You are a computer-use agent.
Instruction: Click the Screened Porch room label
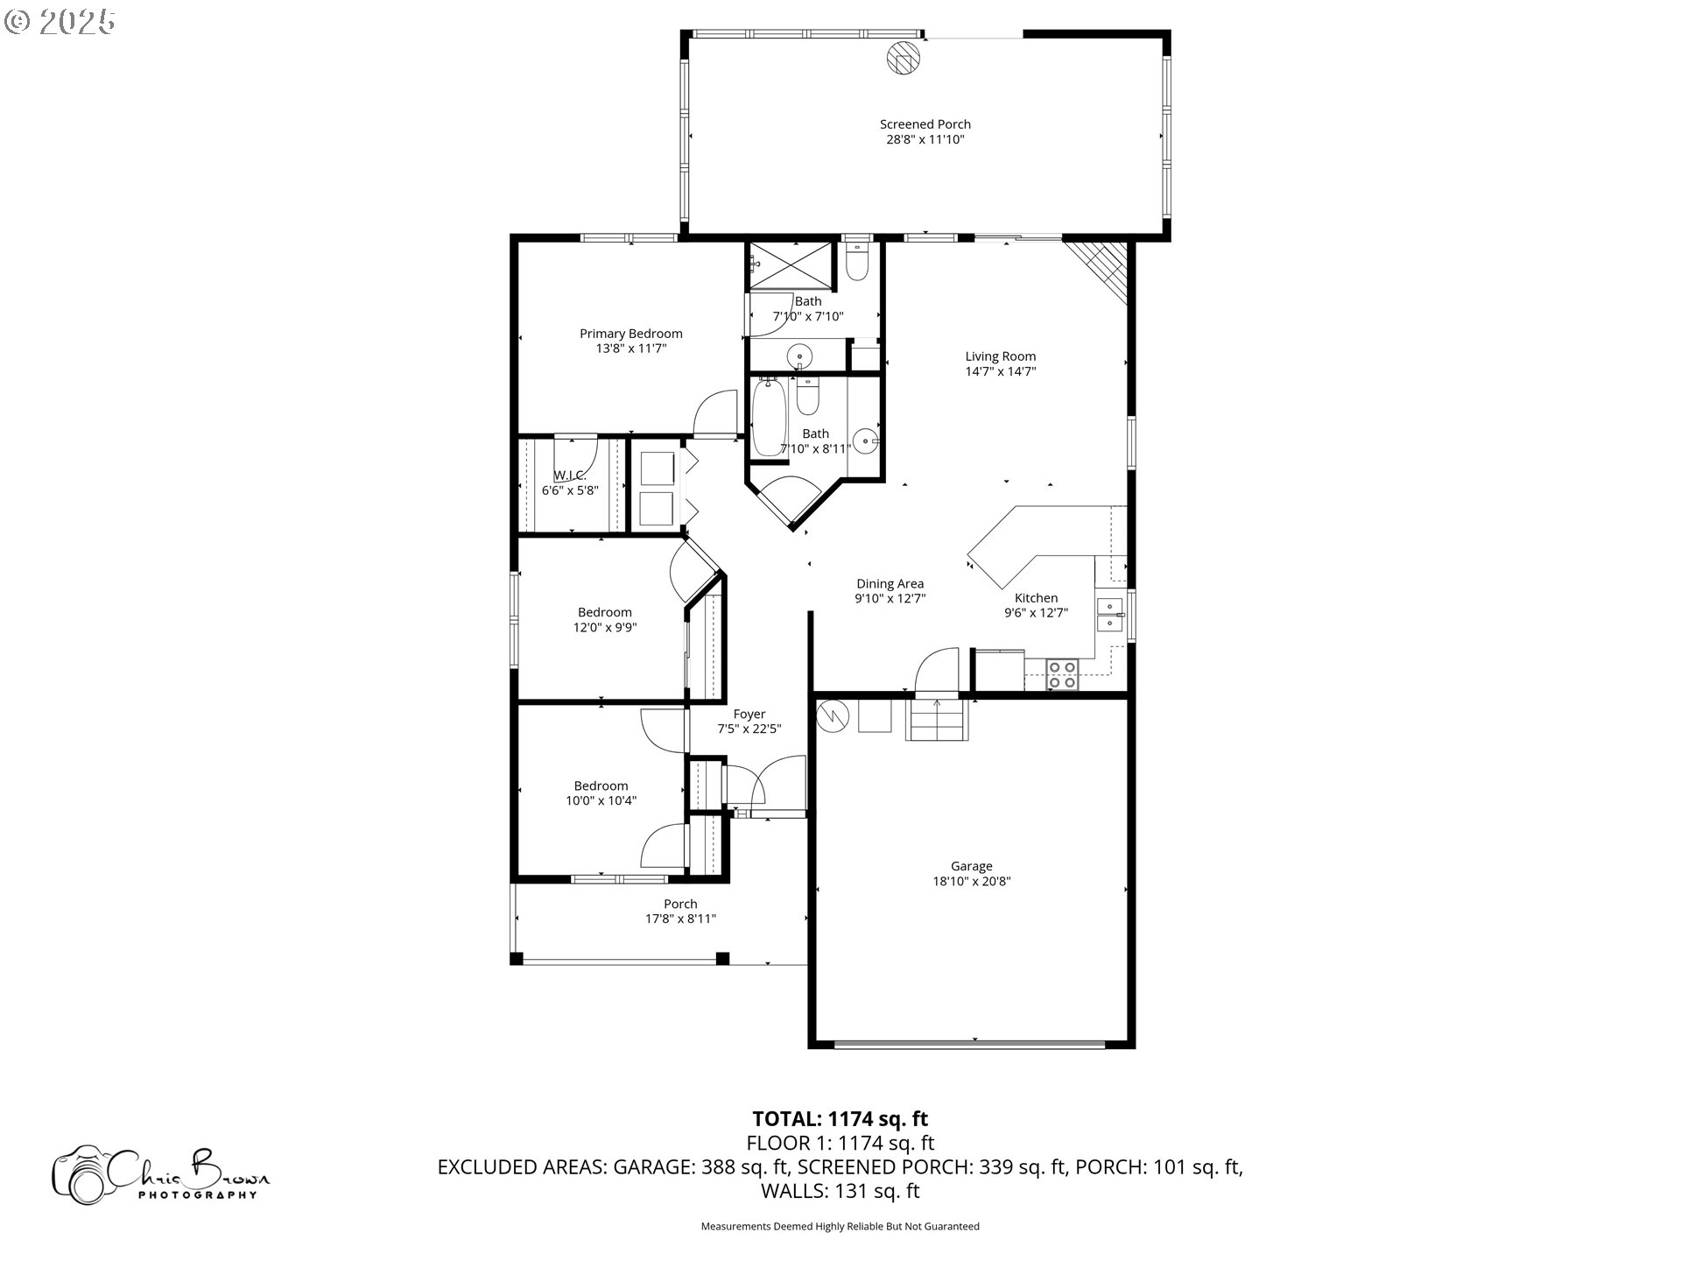925,124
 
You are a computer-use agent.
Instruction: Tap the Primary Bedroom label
630,334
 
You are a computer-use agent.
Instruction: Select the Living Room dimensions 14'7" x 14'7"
1000,371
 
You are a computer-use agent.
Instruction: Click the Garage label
972,866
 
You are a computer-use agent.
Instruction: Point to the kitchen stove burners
1063,675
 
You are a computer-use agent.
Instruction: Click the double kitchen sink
1109,615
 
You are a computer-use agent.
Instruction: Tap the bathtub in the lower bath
770,417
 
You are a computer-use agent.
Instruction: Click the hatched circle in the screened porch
904,58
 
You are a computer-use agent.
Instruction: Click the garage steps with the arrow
937,718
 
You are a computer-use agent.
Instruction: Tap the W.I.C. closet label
569,476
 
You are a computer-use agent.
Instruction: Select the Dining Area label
890,584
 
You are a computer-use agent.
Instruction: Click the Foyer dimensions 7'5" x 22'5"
749,729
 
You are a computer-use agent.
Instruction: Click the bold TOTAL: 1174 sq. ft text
840,1118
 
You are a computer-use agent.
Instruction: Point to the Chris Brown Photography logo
161,1173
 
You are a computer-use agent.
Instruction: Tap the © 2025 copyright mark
60,21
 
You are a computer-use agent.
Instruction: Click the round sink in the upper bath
799,356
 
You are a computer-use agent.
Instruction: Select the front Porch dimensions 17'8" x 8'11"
680,919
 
